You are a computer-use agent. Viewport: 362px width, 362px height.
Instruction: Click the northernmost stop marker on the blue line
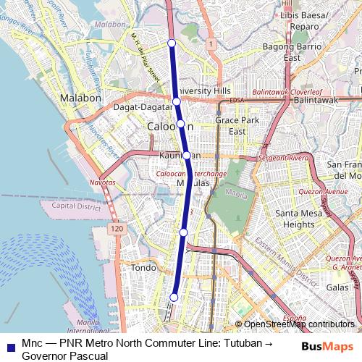(172, 43)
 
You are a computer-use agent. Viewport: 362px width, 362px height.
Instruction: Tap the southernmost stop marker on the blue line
(174, 297)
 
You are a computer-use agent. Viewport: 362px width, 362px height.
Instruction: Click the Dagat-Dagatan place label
(142, 107)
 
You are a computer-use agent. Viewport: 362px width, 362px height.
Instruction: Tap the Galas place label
(337, 287)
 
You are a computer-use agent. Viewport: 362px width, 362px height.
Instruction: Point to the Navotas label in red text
(102, 183)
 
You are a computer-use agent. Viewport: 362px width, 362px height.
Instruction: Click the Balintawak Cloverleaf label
(287, 93)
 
